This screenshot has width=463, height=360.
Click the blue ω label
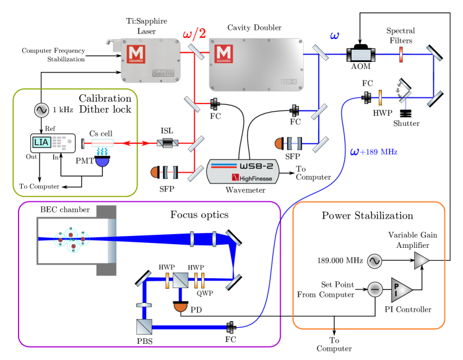pyautogui.click(x=334, y=36)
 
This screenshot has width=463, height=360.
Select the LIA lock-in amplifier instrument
pyautogui.click(x=53, y=143)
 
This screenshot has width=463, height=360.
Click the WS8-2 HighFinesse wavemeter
pyautogui.click(x=243, y=172)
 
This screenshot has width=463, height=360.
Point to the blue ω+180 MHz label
pyautogui.click(x=373, y=152)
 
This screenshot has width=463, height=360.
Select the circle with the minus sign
pyautogui.click(x=374, y=289)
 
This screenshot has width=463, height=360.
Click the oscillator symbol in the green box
pyautogui.click(x=41, y=110)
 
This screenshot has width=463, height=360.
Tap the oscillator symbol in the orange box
pyautogui.click(x=374, y=261)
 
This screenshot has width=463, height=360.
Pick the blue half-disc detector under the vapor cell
pyautogui.click(x=102, y=161)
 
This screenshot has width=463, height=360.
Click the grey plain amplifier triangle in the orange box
pyautogui.click(x=421, y=260)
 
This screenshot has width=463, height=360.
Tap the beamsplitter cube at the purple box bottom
pyautogui.click(x=144, y=327)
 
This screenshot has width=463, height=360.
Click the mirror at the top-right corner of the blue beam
pyautogui.click(x=434, y=54)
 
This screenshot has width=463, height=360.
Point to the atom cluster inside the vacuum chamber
pyautogui.click(x=71, y=239)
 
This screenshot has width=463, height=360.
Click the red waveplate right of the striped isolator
pyautogui.click(x=400, y=55)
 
